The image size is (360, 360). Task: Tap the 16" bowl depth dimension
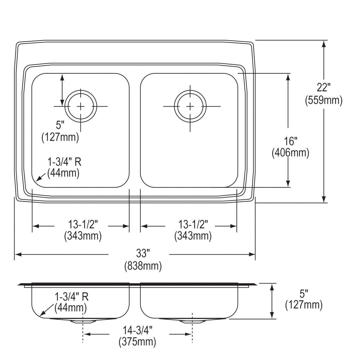pos(290,141)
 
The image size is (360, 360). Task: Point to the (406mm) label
pos(290,153)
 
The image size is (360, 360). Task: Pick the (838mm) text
pos(143,266)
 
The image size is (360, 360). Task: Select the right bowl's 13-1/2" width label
pos(193,224)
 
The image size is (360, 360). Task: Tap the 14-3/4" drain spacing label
pos(137,330)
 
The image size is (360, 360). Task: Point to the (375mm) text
pos(137,342)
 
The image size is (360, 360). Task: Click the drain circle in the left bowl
pos(80,106)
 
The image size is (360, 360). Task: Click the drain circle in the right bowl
pos(190,106)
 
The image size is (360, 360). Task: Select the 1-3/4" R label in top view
pos(64,162)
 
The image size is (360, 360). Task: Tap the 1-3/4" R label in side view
pos(71,297)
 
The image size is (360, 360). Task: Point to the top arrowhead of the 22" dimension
pos(324,44)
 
